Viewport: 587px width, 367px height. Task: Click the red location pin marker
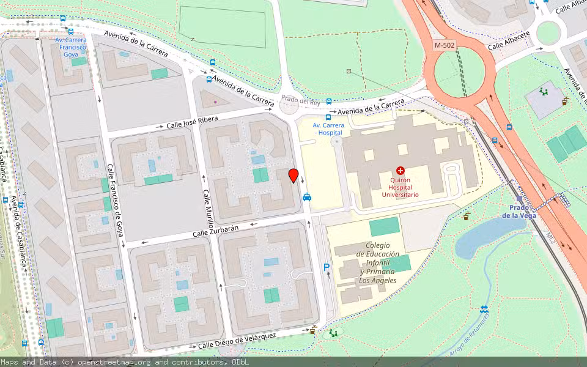[293, 176]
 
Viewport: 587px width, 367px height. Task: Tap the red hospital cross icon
[401, 170]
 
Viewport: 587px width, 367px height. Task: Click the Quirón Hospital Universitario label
[401, 187]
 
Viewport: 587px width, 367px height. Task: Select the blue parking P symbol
[327, 267]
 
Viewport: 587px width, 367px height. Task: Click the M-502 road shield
[445, 45]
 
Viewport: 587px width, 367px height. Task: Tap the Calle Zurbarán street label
[215, 231]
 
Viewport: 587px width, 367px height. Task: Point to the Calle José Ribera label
[193, 122]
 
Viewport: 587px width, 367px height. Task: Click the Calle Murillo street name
[208, 206]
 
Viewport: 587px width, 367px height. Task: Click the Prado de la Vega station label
[519, 211]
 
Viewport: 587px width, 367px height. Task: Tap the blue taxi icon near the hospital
[306, 196]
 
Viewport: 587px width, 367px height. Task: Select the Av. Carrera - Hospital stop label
[329, 128]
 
